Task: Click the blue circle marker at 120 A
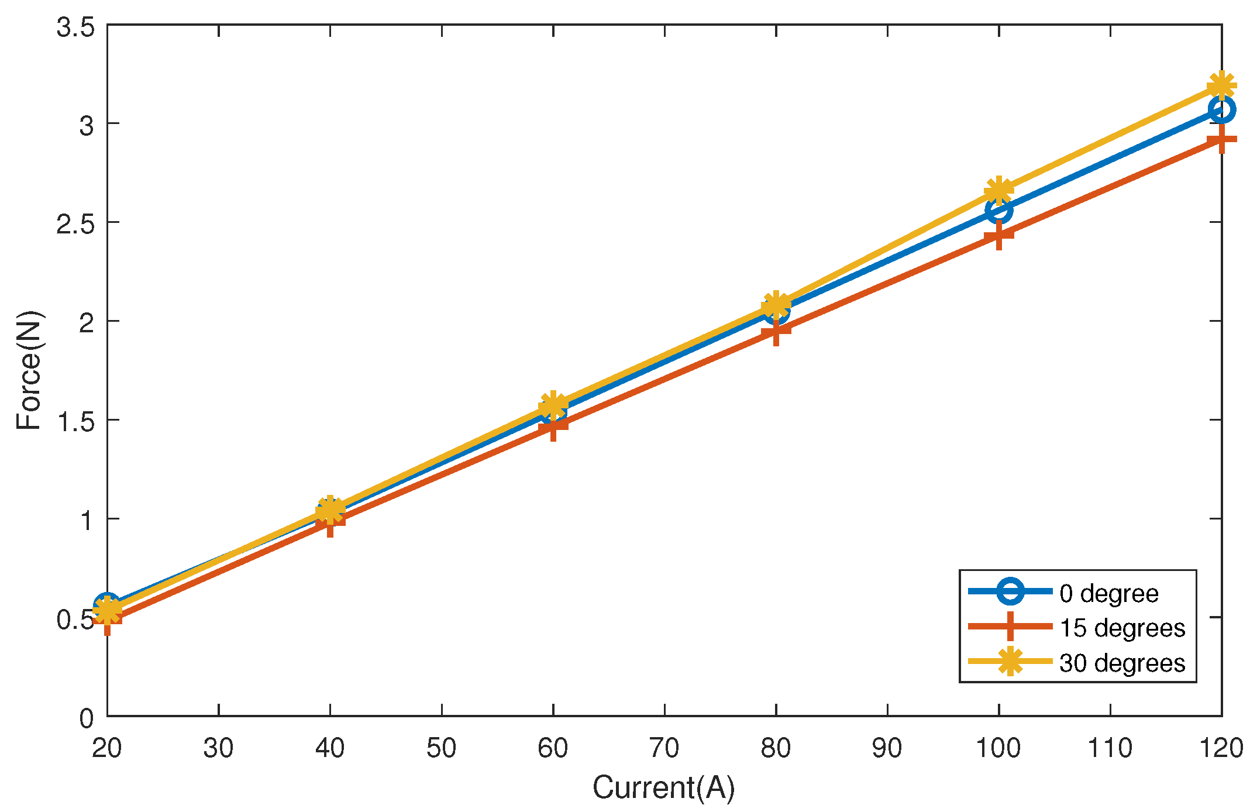1221,109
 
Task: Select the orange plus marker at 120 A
1221,140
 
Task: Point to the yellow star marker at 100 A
998,190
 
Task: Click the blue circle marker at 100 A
998,210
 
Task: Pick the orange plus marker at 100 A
998,236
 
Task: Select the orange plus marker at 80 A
776,331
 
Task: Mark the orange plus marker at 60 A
553,426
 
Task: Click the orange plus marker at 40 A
330,521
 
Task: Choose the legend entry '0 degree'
1108,593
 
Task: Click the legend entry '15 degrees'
1122,628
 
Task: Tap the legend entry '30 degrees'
1122,663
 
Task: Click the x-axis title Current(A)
663,787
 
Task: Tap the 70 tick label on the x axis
664,748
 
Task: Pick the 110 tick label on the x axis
1110,748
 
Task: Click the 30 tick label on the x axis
218,748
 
